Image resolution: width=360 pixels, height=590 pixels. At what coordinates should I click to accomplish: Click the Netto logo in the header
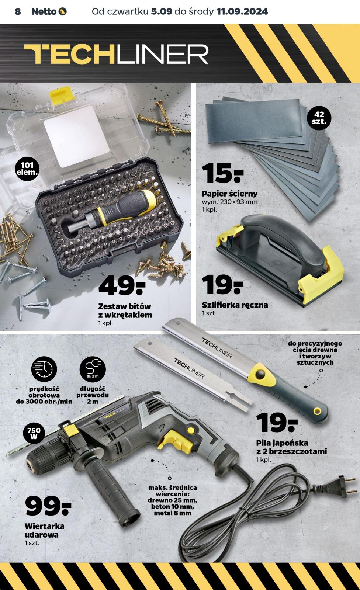[x=49, y=11]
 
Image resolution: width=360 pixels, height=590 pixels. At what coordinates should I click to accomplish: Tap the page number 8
[x=18, y=11]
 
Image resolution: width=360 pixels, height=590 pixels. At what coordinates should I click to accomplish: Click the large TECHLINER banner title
[x=116, y=54]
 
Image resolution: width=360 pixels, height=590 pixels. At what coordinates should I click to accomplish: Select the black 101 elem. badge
[x=27, y=169]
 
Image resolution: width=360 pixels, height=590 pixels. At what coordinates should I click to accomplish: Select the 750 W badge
[x=34, y=433]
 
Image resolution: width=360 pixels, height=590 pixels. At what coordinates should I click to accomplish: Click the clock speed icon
[x=44, y=369]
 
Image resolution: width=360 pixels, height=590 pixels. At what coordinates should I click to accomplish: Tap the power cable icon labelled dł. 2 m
[x=93, y=369]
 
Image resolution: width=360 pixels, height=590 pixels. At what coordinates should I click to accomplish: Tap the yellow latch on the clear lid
[x=61, y=94]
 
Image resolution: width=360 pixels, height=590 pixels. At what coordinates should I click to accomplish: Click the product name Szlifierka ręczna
[x=235, y=305]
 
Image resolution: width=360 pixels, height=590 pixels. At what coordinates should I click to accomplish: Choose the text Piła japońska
[x=282, y=443]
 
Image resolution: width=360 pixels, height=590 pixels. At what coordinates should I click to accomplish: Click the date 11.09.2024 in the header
[x=242, y=11]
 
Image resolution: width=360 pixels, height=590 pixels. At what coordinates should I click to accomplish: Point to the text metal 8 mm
[x=172, y=513]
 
